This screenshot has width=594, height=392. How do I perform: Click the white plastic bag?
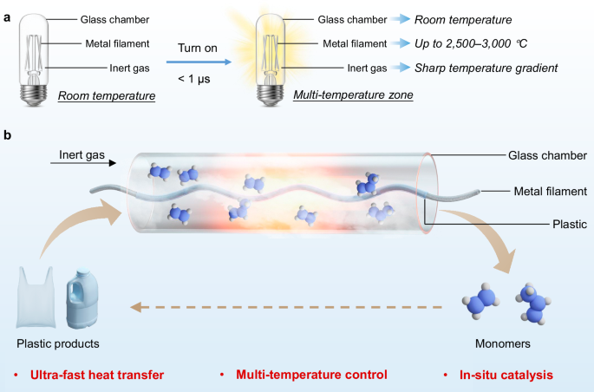[x=36, y=297]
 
